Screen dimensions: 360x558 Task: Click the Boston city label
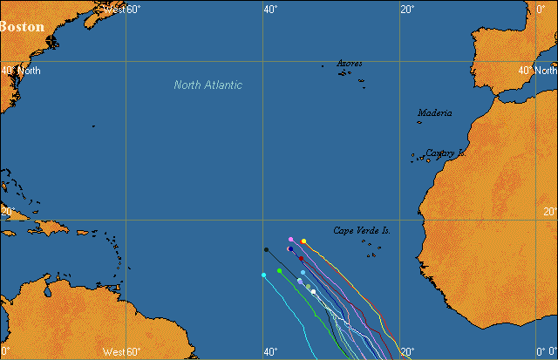[x=22, y=26]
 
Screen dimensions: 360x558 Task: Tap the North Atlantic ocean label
[x=208, y=85]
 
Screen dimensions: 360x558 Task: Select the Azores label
[x=350, y=64]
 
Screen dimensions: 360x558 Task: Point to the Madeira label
[x=434, y=112]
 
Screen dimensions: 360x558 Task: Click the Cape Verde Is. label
[x=362, y=230]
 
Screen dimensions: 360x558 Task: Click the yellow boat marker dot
[x=303, y=241]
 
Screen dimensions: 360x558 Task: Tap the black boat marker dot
[x=266, y=250]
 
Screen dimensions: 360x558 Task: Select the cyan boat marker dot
[x=263, y=275]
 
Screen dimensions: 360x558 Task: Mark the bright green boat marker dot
[x=279, y=271]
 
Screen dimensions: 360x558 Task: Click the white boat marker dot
[x=313, y=292]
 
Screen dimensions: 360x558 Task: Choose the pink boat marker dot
[x=291, y=239]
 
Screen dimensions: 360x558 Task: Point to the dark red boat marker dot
[x=302, y=258]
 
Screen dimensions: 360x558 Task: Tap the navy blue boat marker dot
[x=290, y=249]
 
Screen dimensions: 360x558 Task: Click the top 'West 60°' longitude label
[x=121, y=9]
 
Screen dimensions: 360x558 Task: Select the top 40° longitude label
[x=270, y=9]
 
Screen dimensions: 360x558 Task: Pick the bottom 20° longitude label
[x=407, y=352]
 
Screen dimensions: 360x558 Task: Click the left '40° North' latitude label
[x=20, y=71]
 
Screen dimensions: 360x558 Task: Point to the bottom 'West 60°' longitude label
[x=121, y=352]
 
